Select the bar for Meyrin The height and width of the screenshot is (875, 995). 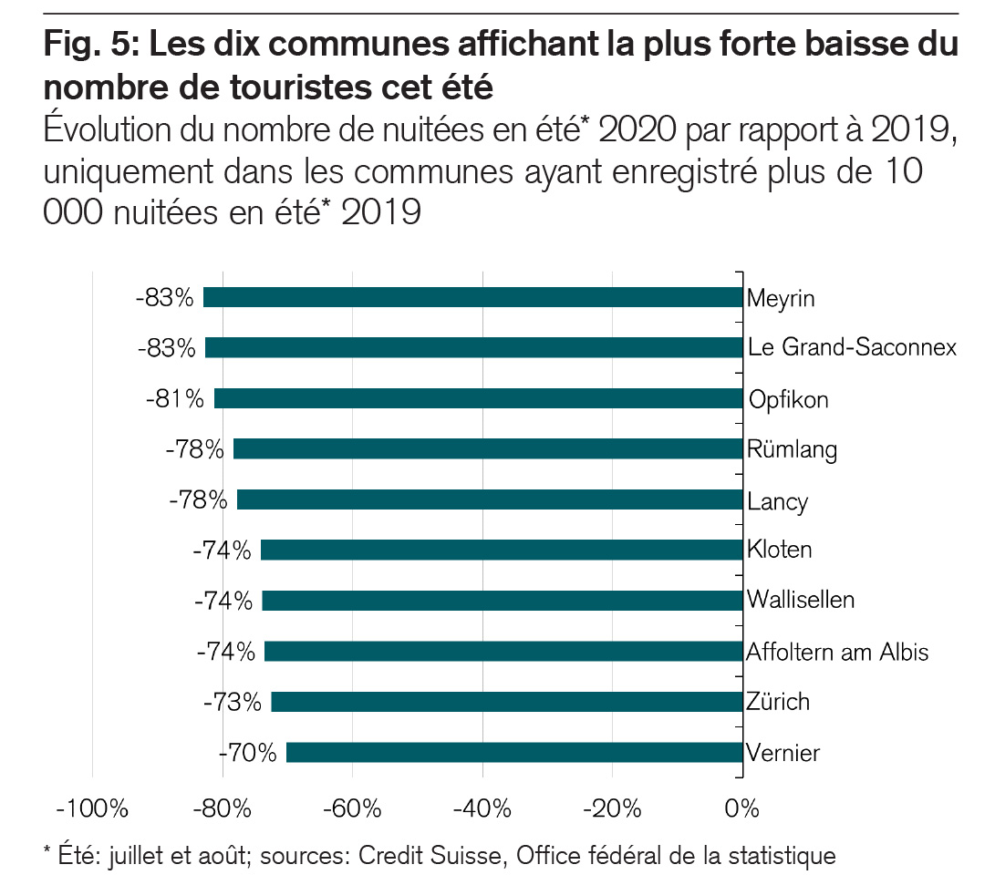[x=472, y=298]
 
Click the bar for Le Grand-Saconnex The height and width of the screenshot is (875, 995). [x=473, y=347]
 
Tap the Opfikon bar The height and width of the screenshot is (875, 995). [x=478, y=399]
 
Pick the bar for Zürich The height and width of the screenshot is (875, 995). [x=507, y=702]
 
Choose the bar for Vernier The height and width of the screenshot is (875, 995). [x=514, y=753]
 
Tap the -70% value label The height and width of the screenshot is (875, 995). [x=248, y=753]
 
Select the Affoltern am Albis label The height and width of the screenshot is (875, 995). [x=837, y=652]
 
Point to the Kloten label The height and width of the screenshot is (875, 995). [x=779, y=550]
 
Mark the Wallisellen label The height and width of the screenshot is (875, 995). [x=800, y=600]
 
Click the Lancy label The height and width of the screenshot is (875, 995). [x=777, y=500]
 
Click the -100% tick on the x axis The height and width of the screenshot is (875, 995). [x=91, y=808]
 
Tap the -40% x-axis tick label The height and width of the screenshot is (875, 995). [x=482, y=808]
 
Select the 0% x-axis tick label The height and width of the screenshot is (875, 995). [x=742, y=808]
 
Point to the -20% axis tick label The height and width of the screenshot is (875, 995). [x=612, y=808]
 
